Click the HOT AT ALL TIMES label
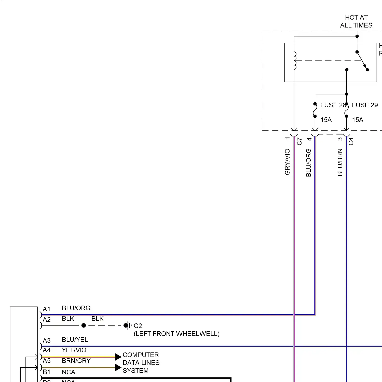[356, 21]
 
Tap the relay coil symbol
[295, 61]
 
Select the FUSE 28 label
[333, 105]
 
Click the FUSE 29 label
[365, 105]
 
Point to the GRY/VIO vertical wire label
[287, 162]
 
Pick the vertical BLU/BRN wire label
[340, 162]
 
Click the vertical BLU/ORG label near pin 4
[308, 163]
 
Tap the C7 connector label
[299, 141]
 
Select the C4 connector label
[351, 141]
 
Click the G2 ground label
[138, 326]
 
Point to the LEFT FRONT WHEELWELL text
[176, 334]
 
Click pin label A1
[47, 309]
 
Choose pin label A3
[47, 341]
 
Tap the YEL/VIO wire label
[74, 350]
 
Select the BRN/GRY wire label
[76, 361]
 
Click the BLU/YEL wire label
[75, 340]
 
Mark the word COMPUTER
[141, 355]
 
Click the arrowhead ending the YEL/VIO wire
[118, 357]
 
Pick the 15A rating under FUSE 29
[358, 120]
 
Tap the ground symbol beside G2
[129, 325]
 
